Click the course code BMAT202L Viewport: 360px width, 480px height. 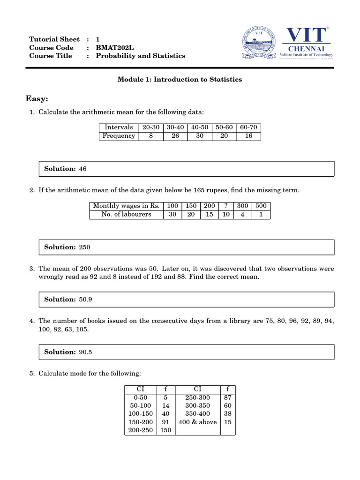[x=111, y=47]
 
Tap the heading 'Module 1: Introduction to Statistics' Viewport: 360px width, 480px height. [x=180, y=80]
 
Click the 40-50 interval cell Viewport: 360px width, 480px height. [x=200, y=127]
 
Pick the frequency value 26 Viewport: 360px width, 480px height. [x=175, y=136]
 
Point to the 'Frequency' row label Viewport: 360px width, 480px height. [x=119, y=136]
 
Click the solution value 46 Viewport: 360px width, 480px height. [x=83, y=169]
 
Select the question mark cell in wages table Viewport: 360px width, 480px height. [x=226, y=206]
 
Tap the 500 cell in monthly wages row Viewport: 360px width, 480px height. [x=261, y=206]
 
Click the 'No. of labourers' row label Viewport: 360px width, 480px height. [x=126, y=214]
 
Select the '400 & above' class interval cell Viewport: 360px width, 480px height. [x=198, y=422]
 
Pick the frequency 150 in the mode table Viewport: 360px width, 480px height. [x=165, y=430]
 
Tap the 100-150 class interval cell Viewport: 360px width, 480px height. [x=141, y=413]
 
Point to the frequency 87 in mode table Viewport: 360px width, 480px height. [x=228, y=397]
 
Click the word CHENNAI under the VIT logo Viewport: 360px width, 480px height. [x=307, y=48]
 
